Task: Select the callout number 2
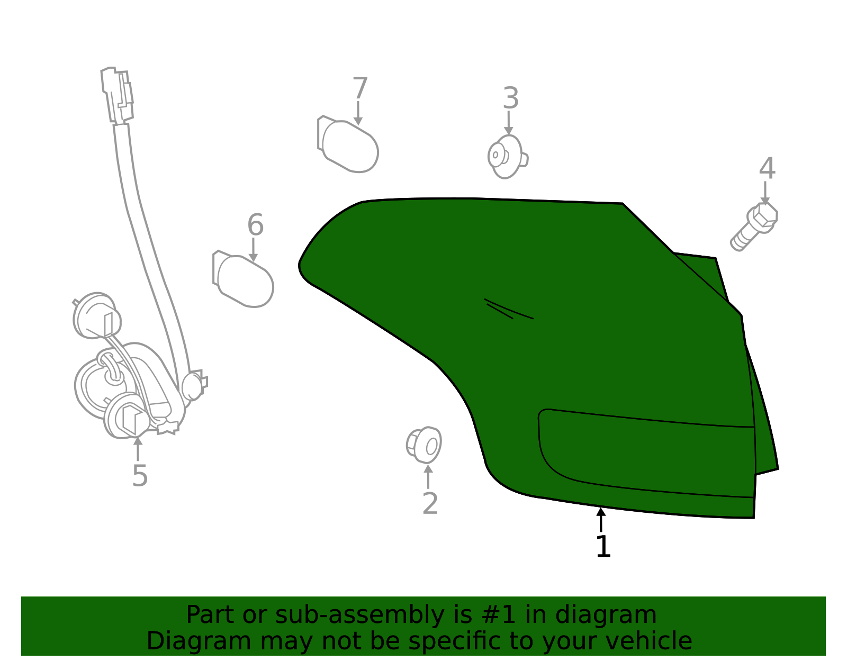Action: click(430, 504)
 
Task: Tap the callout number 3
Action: click(511, 98)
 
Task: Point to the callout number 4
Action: click(767, 168)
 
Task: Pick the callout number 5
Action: click(140, 476)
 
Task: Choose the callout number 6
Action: click(256, 225)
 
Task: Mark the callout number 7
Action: click(360, 88)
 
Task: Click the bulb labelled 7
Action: click(348, 144)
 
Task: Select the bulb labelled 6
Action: click(243, 279)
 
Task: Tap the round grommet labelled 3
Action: click(507, 157)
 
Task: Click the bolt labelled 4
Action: click(754, 227)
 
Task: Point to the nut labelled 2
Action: click(424, 445)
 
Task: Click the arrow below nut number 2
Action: click(428, 476)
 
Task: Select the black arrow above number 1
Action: click(601, 520)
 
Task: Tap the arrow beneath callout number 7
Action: click(358, 113)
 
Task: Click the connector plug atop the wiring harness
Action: click(117, 95)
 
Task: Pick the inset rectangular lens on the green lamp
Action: click(646, 453)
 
